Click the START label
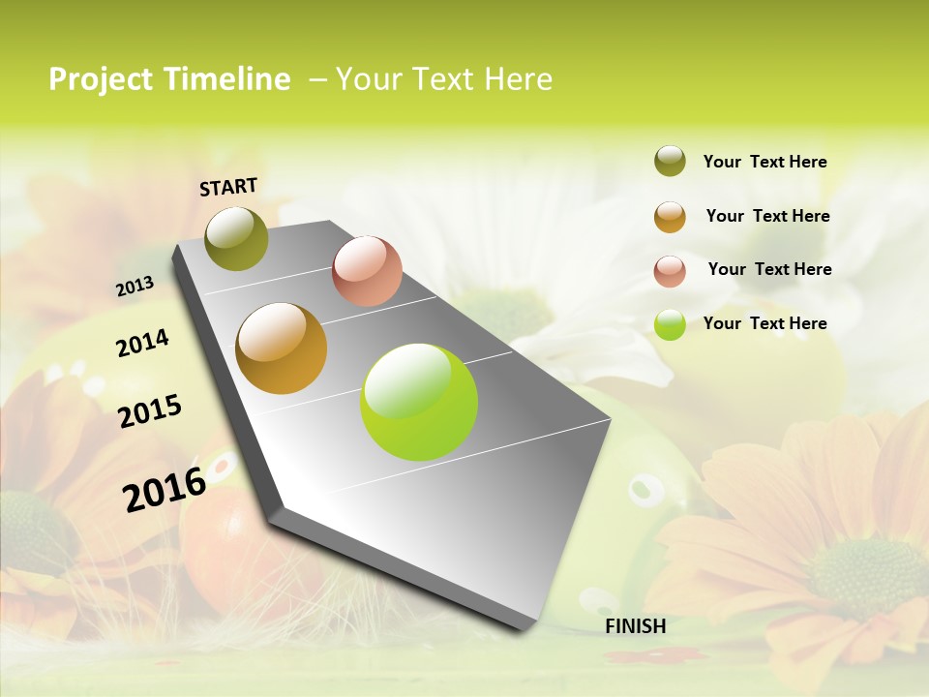tap(228, 187)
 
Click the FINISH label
tap(635, 626)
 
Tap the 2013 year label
tap(135, 287)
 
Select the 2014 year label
tap(142, 343)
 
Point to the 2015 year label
tap(150, 411)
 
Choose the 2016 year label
tap(165, 489)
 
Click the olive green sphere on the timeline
tap(236, 238)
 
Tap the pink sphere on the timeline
tap(367, 271)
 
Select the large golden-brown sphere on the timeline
tap(282, 348)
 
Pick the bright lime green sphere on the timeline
tap(419, 402)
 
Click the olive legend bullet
tap(670, 162)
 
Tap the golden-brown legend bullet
tap(670, 216)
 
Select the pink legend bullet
tap(670, 270)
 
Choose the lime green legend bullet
tap(670, 324)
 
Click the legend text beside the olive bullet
tap(764, 162)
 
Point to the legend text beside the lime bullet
tap(764, 323)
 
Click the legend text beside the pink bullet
tap(769, 269)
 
